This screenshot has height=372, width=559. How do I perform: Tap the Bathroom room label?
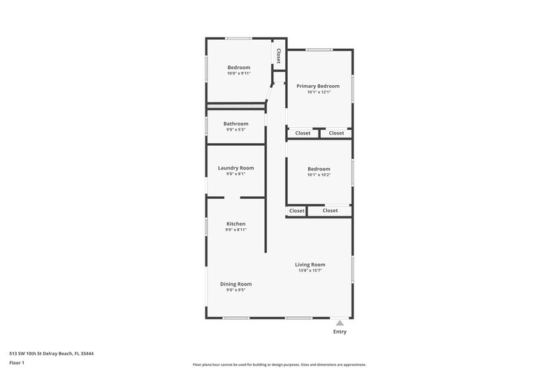235,124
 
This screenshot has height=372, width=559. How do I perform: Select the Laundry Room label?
235,168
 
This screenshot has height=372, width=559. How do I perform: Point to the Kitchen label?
235,223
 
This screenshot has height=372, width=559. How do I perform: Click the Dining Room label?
235,284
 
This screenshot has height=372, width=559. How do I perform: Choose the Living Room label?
310,265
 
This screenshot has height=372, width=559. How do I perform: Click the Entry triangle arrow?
340,323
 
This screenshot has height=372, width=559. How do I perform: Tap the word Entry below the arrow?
340,332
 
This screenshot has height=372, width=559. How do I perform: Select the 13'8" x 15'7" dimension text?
310,271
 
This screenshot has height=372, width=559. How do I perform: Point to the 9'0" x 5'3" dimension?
235,130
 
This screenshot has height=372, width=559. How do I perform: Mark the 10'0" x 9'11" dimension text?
238,73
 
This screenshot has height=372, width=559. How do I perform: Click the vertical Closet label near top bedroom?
278,55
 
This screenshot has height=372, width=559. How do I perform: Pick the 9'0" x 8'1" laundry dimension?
235,174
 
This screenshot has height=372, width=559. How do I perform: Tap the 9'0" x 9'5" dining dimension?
235,290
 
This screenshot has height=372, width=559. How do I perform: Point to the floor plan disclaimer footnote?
279,364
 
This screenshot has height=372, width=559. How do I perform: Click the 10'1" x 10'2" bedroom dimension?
319,175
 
